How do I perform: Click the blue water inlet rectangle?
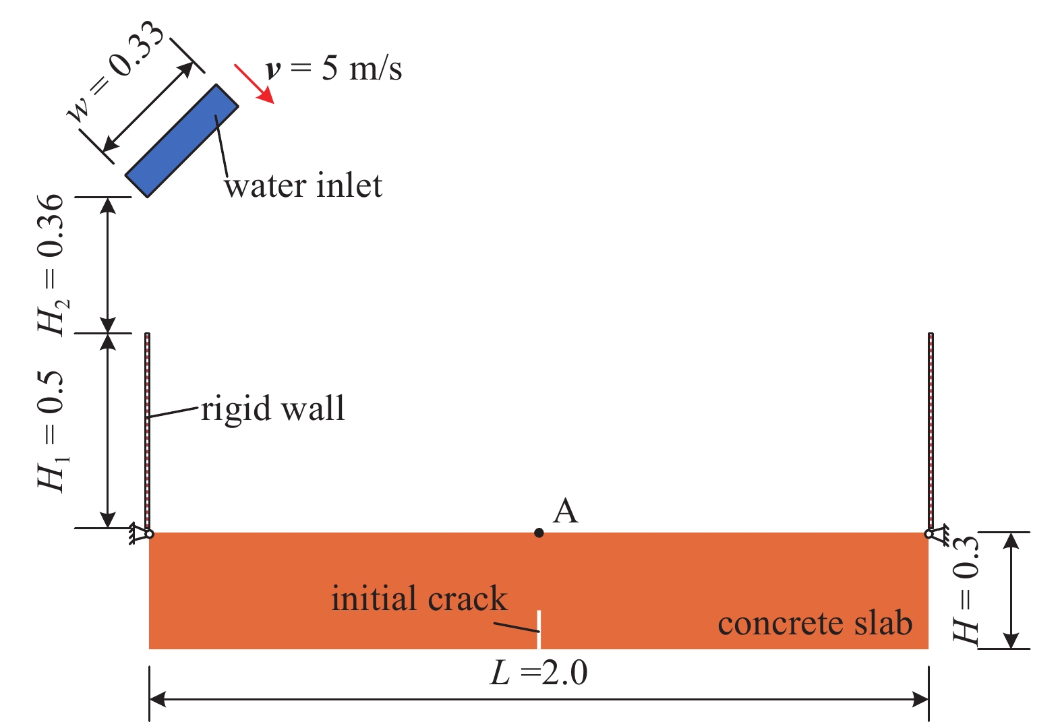(181, 140)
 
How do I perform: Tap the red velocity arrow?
(254, 84)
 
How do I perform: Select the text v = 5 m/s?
(334, 69)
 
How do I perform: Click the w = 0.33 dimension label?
(116, 71)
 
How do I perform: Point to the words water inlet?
(303, 186)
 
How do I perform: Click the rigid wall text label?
(273, 409)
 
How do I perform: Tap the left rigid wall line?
(148, 431)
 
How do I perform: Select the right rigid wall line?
(931, 431)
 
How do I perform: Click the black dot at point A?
(539, 533)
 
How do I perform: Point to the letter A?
(565, 512)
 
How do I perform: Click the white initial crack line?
(539, 630)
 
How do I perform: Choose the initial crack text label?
(419, 599)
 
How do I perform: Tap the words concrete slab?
(815, 624)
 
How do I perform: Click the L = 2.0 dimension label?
(539, 673)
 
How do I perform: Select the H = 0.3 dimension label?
(966, 590)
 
